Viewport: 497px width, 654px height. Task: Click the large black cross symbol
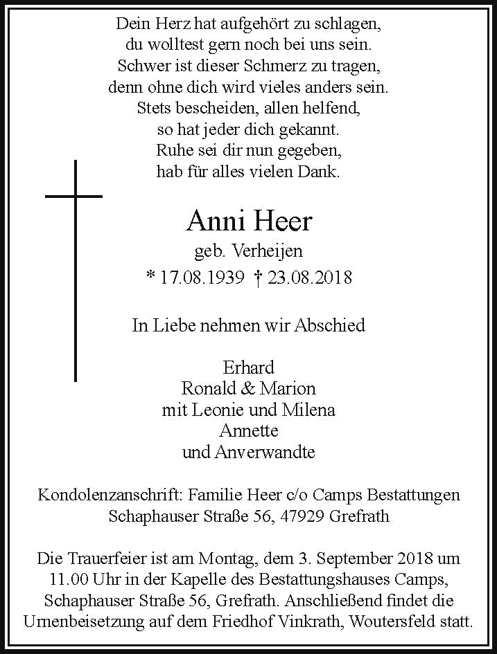point(75,270)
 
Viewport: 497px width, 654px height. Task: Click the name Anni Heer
point(249,221)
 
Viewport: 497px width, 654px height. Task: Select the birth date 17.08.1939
point(202,278)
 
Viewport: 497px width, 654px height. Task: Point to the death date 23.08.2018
point(310,278)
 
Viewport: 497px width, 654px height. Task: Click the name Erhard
point(249,367)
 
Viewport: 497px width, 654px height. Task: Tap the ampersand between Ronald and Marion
point(249,388)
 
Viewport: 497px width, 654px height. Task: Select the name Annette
point(249,431)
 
